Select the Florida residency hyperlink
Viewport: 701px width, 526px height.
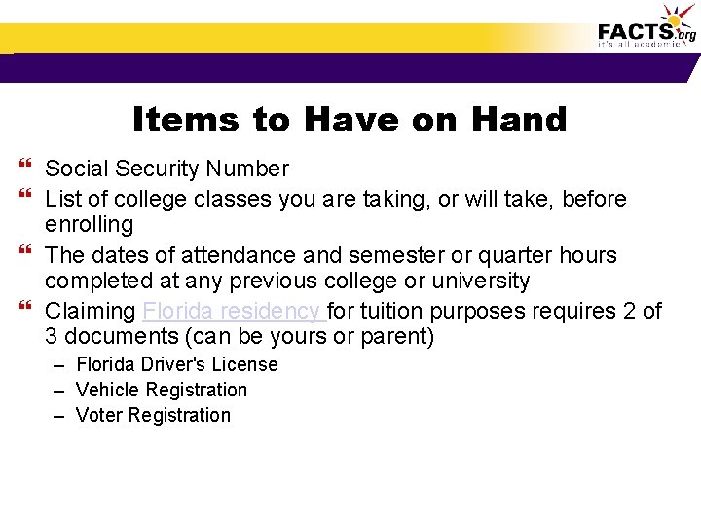click(x=232, y=312)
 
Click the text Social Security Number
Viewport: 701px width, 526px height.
click(x=166, y=169)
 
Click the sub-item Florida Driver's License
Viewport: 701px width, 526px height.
click(x=176, y=364)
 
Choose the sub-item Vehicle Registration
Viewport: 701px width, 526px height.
click(x=162, y=390)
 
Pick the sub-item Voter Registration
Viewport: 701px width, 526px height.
click(x=153, y=415)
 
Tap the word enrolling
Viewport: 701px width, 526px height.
click(x=89, y=225)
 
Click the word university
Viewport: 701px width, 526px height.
click(x=482, y=282)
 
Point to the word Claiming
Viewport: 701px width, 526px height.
click(x=91, y=312)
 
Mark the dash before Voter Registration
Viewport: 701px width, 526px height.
click(x=59, y=416)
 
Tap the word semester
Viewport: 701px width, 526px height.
click(x=384, y=255)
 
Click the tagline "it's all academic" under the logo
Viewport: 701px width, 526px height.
click(x=640, y=45)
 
